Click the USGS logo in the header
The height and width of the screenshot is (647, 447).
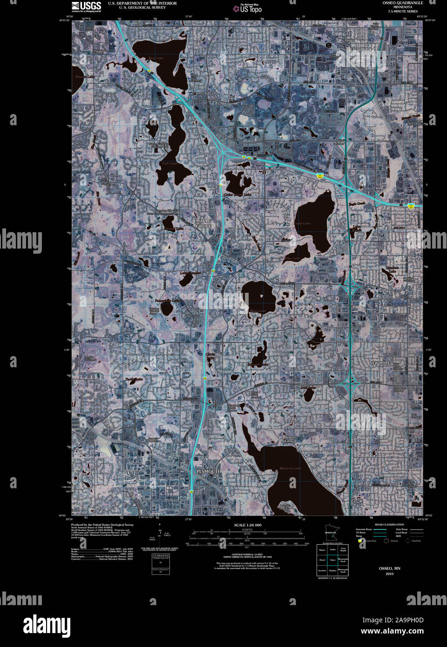[86, 6]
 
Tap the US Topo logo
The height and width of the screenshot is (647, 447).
[248, 8]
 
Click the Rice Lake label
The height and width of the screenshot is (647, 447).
[156, 58]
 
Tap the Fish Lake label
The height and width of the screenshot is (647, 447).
[169, 163]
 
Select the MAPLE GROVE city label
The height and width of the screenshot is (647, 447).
[203, 223]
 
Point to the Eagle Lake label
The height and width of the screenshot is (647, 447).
[302, 223]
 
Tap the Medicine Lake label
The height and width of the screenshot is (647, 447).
[290, 468]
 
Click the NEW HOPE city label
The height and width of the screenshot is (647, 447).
[380, 363]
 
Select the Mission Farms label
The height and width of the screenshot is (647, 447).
[290, 440]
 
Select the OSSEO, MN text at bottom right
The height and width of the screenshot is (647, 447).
[389, 568]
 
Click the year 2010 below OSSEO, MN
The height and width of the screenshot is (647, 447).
[389, 573]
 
